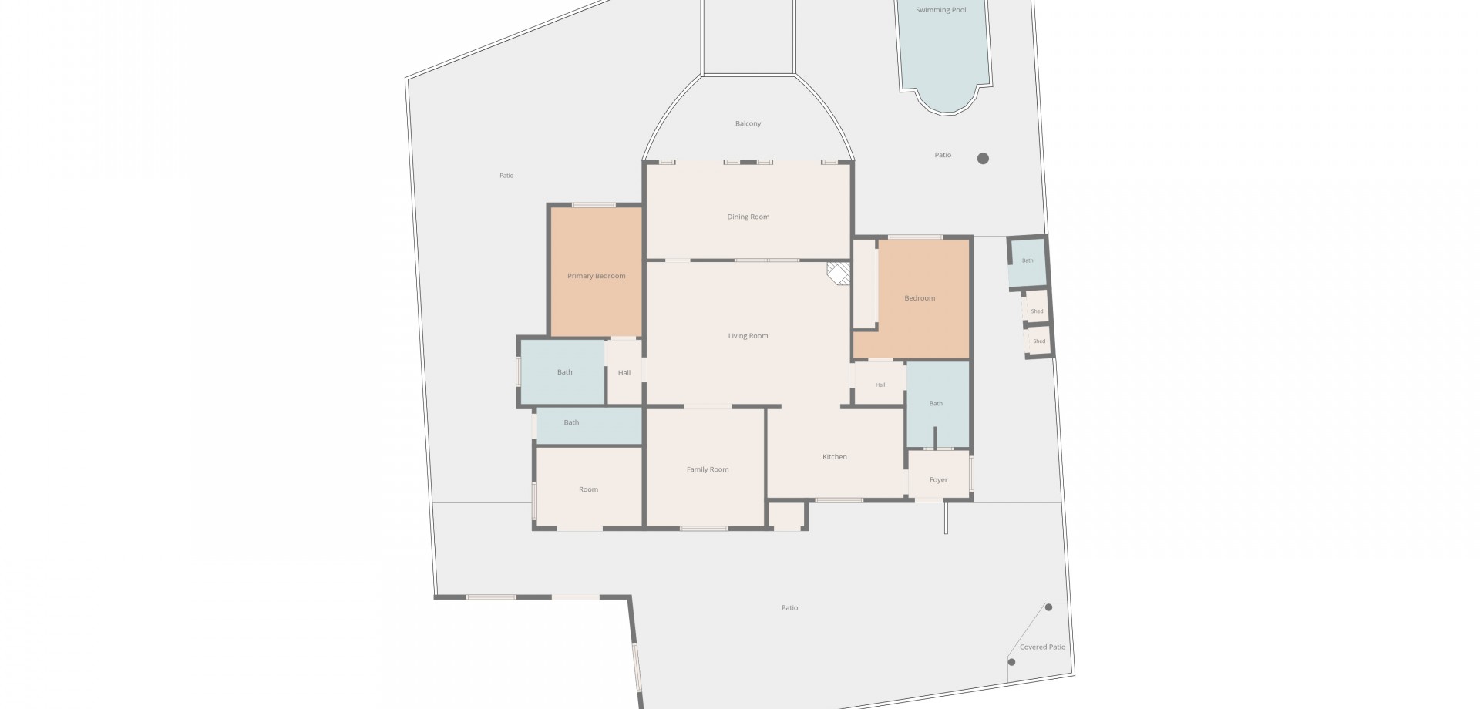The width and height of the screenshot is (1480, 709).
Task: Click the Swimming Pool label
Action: point(940,10)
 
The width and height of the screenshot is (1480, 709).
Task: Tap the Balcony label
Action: point(748,123)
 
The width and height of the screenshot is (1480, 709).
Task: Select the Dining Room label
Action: point(748,217)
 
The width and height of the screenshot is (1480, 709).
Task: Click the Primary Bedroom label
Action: point(596,276)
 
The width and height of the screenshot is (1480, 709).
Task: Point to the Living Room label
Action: point(748,336)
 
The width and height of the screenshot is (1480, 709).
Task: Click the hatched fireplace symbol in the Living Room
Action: point(839,274)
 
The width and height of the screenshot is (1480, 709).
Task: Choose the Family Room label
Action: point(708,469)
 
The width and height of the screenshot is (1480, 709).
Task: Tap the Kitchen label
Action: point(834,457)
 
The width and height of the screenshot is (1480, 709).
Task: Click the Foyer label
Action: point(938,479)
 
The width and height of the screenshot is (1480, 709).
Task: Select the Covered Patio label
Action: point(1042,647)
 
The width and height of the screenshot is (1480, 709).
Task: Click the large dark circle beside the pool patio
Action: point(983,159)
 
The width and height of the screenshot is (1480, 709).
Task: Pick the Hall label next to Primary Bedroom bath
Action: point(624,373)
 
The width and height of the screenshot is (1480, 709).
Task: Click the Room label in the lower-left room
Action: point(588,489)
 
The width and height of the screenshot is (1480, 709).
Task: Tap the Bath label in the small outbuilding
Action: point(1028,260)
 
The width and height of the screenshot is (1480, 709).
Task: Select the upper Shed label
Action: point(1037,311)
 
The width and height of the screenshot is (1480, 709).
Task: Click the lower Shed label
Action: point(1039,341)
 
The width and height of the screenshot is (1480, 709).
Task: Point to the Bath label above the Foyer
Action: point(936,403)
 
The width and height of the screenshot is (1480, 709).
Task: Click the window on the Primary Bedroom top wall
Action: point(594,205)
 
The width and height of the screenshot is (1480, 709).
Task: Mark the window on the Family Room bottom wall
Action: point(704,529)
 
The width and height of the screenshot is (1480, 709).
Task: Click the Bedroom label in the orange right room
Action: point(920,298)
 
